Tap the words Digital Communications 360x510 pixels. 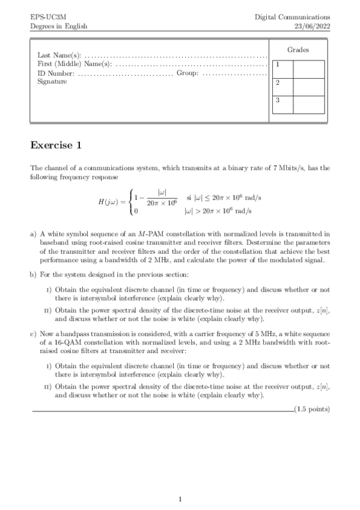[x=292, y=17]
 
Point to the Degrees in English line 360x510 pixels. [x=58, y=26]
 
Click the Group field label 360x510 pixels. [x=187, y=73]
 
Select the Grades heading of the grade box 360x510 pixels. [x=298, y=50]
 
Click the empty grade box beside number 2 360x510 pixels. [x=309, y=85]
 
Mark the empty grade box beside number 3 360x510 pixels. [x=309, y=103]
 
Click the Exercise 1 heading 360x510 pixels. [x=55, y=146]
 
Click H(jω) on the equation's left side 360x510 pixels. [x=111, y=201]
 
